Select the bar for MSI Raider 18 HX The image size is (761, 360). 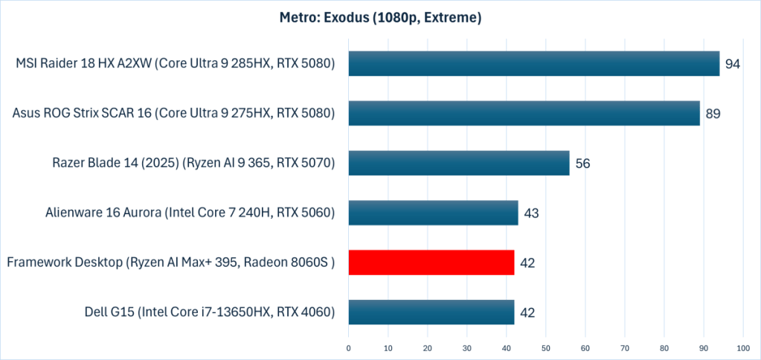(533, 64)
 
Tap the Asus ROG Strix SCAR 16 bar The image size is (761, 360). (524, 114)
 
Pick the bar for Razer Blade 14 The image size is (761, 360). (458, 163)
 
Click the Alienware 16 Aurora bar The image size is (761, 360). (433, 213)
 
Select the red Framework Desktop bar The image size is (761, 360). (431, 263)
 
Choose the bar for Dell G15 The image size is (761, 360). (431, 312)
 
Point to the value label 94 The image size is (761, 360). (732, 65)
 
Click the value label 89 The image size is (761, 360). (713, 115)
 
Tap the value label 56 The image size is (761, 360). (582, 164)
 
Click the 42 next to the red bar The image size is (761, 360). (527, 263)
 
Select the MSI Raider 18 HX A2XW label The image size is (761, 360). (175, 64)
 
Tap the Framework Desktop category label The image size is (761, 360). (170, 263)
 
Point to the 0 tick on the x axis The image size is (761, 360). (348, 347)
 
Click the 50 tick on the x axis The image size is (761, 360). (545, 347)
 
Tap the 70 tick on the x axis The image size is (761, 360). (624, 347)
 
